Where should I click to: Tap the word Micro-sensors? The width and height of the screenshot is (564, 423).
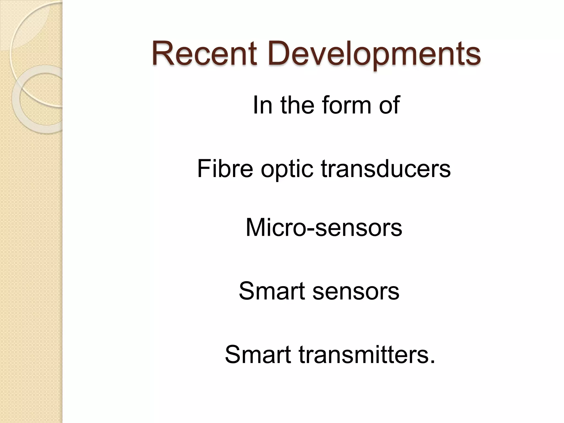(324, 227)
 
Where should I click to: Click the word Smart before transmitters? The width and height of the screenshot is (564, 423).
(258, 354)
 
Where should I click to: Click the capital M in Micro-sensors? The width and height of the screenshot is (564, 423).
(256, 227)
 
